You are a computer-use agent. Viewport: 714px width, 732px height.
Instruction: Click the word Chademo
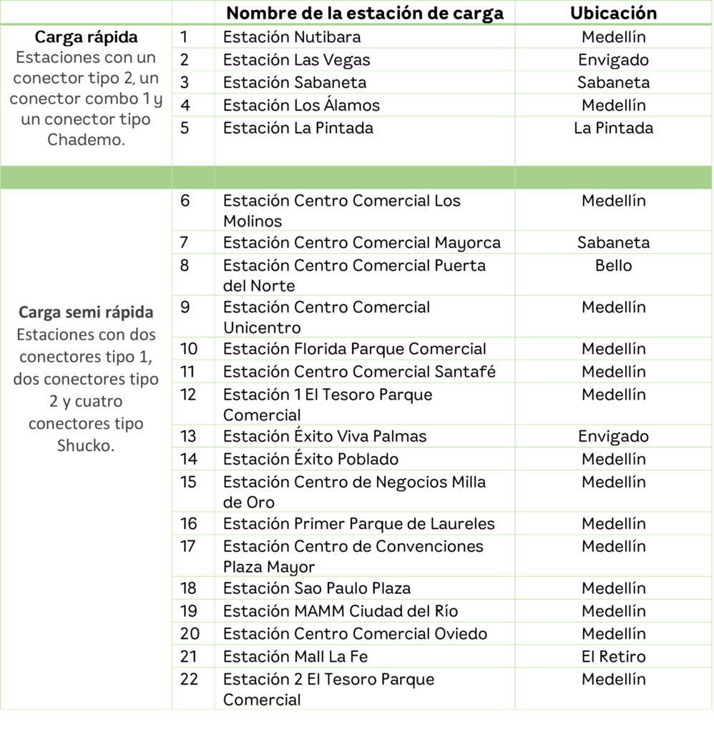(x=86, y=140)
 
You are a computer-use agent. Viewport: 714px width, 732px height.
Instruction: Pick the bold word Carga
(x=40, y=313)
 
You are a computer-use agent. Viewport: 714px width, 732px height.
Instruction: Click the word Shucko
(x=86, y=446)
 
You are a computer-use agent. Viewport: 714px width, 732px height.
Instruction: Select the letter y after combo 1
(x=158, y=99)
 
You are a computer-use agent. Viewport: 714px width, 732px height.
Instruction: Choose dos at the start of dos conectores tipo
(x=26, y=380)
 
